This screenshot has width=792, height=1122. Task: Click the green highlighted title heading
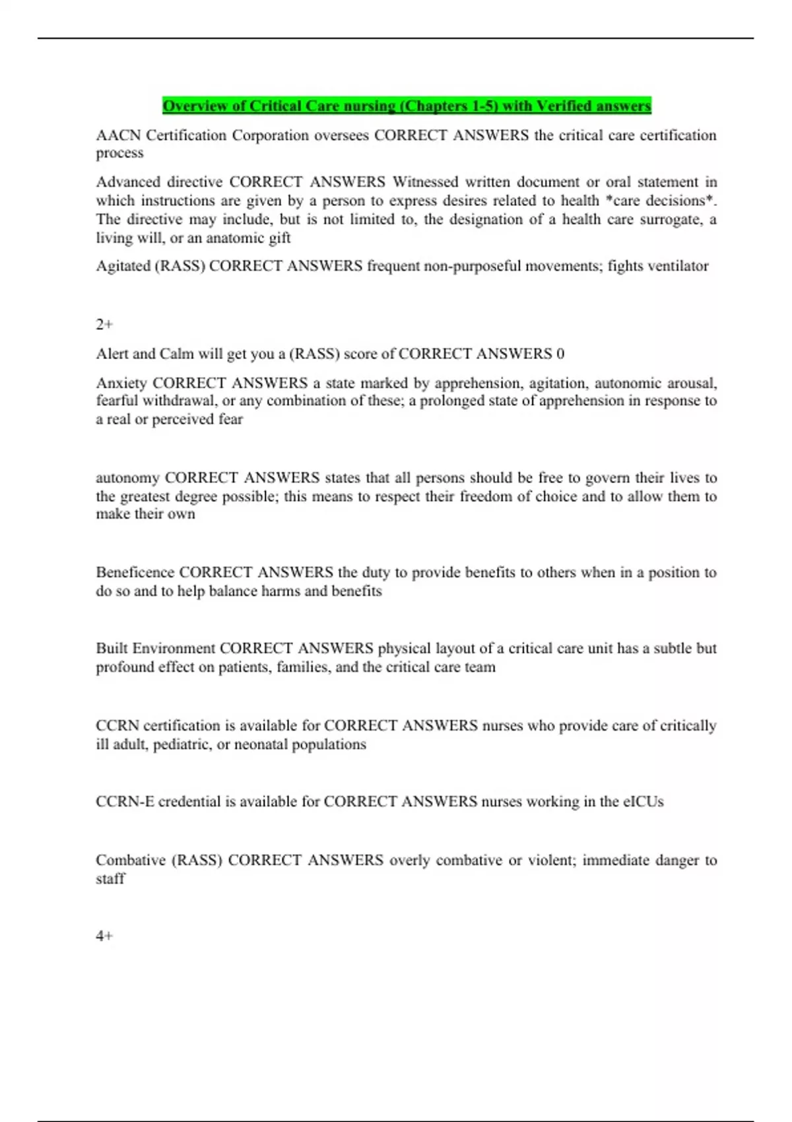pyautogui.click(x=407, y=106)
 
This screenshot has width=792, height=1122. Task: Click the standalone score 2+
pyautogui.click(x=104, y=324)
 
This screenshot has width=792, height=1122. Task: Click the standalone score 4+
pyautogui.click(x=104, y=936)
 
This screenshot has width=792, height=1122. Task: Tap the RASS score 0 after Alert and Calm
pyautogui.click(x=560, y=354)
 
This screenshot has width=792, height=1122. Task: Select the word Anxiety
pyautogui.click(x=121, y=383)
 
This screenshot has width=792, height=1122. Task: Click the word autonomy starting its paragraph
pyautogui.click(x=127, y=478)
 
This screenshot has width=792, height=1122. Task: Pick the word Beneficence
pyautogui.click(x=135, y=572)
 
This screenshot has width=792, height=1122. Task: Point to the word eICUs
pyautogui.click(x=643, y=801)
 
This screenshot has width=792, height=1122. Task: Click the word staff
pyautogui.click(x=110, y=878)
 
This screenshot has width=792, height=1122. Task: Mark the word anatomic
pyautogui.click(x=235, y=238)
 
